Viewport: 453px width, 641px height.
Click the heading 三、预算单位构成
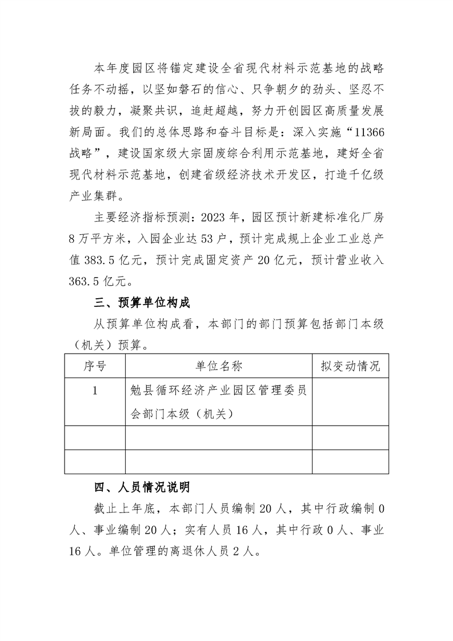tap(142, 302)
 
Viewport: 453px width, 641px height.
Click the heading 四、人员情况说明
tap(142, 487)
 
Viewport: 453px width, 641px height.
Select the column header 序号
tap(95, 366)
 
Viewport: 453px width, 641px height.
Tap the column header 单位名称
tap(219, 366)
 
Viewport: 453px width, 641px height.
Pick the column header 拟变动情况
tap(350, 366)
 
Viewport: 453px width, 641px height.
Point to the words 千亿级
tap(368, 174)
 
